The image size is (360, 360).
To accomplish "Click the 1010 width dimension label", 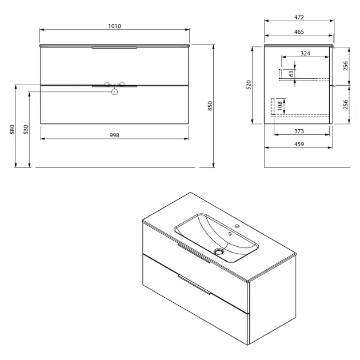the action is (x=114, y=26).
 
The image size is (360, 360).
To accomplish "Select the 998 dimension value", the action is (x=114, y=135).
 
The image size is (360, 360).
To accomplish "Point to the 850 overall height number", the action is (x=210, y=106).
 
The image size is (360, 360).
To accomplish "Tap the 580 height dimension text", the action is (x=13, y=129).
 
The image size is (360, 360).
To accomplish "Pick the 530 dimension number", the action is (x=26, y=129).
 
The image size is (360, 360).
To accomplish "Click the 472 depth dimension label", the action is (x=299, y=17).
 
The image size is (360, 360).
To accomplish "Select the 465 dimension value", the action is (x=299, y=32).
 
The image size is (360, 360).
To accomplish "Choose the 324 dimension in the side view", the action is (x=305, y=54).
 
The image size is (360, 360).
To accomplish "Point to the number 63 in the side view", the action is (x=291, y=74).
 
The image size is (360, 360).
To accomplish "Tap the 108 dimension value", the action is (x=279, y=106).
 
